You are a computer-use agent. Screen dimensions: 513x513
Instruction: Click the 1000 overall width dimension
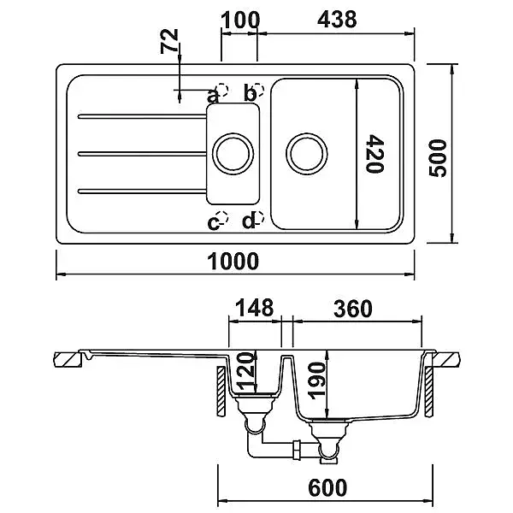[x=233, y=261]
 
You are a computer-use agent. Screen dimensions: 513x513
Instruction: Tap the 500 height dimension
[x=438, y=158]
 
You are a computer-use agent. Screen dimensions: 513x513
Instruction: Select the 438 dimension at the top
[x=337, y=20]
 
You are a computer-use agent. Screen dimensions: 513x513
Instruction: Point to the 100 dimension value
[x=240, y=21]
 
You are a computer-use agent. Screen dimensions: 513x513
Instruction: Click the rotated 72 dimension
[x=169, y=41]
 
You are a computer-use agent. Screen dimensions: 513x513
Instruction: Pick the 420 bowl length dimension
[x=374, y=154]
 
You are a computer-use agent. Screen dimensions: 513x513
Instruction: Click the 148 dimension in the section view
[x=255, y=308]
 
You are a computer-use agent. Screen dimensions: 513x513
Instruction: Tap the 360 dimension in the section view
[x=353, y=309]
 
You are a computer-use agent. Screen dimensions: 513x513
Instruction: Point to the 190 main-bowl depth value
[x=317, y=380]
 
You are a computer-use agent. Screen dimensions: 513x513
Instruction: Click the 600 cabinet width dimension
[x=327, y=487]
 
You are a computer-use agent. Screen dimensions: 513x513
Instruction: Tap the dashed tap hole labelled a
[x=222, y=89]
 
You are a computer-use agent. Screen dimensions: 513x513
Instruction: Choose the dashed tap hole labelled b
[x=258, y=89]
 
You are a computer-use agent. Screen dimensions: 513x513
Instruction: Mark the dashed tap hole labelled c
[x=222, y=217]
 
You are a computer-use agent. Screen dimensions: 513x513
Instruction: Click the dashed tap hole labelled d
[x=258, y=217]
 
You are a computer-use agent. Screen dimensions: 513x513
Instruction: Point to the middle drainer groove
[x=142, y=154]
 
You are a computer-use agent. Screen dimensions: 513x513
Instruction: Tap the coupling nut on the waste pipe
[x=297, y=451]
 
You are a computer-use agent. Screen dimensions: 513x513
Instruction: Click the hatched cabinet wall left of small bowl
[x=221, y=392]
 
